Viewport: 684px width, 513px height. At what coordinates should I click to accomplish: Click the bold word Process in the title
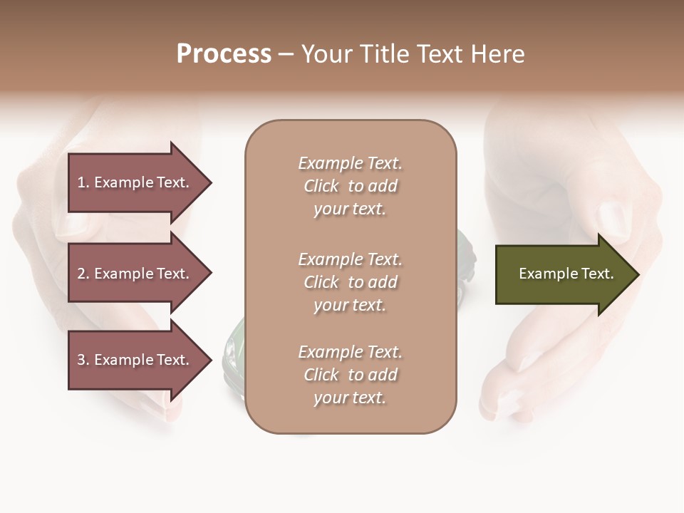(224, 54)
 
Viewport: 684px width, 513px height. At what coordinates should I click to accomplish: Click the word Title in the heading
(385, 54)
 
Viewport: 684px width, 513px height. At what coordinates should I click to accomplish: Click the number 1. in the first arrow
(83, 182)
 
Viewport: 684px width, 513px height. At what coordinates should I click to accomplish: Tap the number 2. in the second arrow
(83, 274)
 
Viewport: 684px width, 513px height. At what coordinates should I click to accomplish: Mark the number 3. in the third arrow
(83, 360)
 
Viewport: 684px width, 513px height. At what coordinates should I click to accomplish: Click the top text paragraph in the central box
(350, 186)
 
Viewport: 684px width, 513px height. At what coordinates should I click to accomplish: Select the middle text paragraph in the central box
(350, 281)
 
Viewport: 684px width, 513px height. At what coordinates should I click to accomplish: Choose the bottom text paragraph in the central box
(350, 375)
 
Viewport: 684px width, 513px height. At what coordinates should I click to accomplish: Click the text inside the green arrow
(566, 274)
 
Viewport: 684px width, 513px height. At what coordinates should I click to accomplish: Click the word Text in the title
(440, 54)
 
